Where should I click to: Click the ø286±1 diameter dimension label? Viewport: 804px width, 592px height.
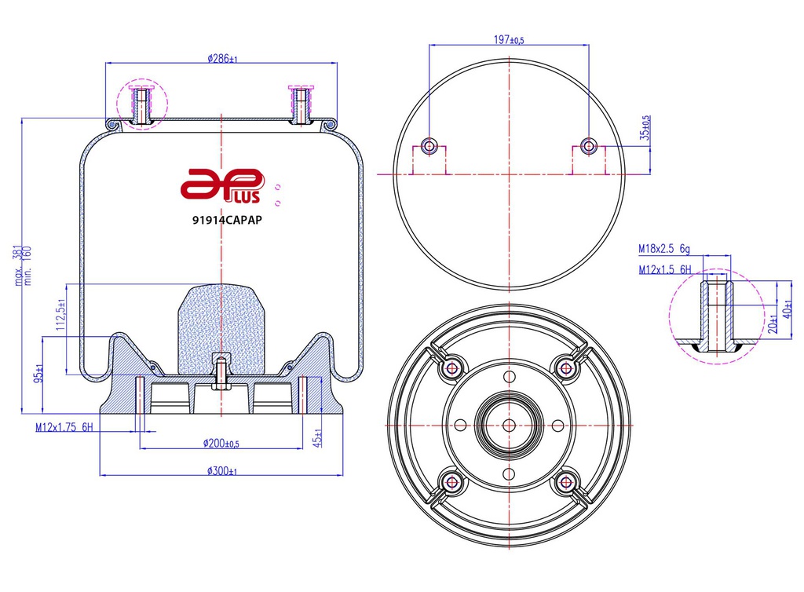[x=222, y=59]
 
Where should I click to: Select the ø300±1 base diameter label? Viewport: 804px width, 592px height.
[x=222, y=471]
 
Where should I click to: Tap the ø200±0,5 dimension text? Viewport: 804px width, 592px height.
[x=221, y=444]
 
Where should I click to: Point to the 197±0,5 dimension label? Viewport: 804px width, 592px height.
[x=509, y=40]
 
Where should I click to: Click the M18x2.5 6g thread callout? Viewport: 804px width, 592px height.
[x=663, y=250]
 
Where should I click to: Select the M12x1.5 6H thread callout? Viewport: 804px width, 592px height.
[x=663, y=270]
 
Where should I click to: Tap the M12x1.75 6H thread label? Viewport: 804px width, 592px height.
[x=64, y=427]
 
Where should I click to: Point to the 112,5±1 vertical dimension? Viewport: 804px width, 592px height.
[x=60, y=315]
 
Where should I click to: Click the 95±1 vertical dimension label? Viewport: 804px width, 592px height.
[x=36, y=373]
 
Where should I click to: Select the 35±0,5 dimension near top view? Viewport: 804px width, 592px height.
[x=645, y=128]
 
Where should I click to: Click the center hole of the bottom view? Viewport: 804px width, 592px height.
[x=508, y=425]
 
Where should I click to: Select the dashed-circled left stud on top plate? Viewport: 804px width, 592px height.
[x=142, y=104]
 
